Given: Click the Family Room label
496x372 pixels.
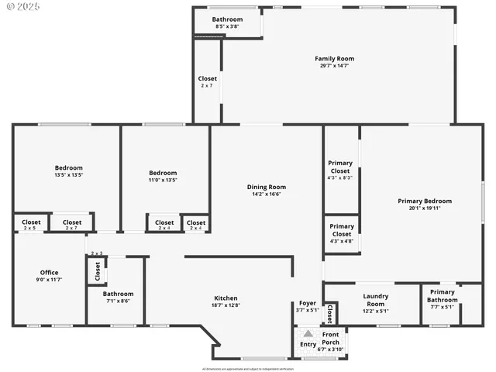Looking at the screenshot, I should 334,58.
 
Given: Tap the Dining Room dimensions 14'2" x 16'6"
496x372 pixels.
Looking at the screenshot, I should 267,194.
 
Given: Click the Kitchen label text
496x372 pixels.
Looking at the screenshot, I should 226,298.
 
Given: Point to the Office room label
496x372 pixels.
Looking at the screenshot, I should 50,272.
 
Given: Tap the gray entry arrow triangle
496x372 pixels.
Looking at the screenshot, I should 308,333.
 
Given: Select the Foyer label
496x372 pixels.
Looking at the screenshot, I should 308,303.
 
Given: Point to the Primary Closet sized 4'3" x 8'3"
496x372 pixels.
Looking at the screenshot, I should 341,177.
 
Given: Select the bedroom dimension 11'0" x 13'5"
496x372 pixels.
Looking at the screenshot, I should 163,181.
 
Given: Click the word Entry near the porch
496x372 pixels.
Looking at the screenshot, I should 308,345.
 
